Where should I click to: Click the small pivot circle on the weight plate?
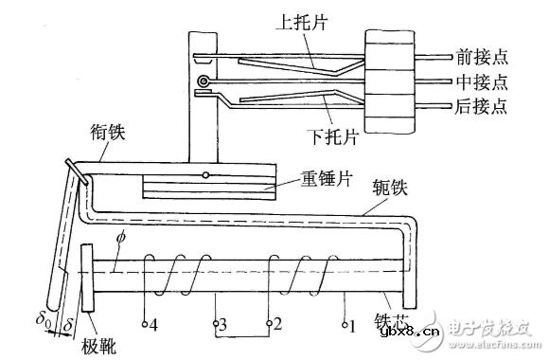coord(204,176)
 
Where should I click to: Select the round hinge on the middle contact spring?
coord(201,93)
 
